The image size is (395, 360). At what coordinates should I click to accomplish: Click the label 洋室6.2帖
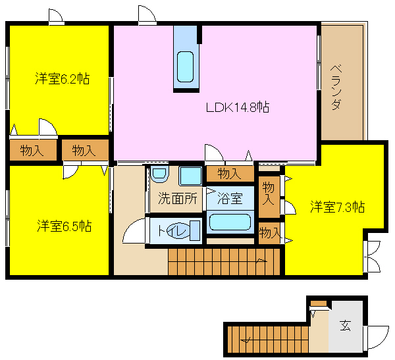click(63, 78)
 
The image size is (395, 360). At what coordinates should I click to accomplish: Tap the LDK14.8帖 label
click(238, 107)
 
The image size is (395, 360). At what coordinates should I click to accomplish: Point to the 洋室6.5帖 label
click(64, 226)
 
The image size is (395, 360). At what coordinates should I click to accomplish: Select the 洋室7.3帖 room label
click(337, 207)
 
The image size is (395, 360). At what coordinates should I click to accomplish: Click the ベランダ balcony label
click(336, 88)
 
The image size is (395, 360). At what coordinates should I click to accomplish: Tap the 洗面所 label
click(178, 199)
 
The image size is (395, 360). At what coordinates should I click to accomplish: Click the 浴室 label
click(230, 199)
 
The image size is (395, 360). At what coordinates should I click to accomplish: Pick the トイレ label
click(172, 231)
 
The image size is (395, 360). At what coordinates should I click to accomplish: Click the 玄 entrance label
click(345, 326)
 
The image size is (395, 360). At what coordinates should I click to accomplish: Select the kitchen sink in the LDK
click(185, 66)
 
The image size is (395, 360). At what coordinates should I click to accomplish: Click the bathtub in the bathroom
click(230, 222)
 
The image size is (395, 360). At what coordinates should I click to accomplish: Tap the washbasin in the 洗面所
click(160, 174)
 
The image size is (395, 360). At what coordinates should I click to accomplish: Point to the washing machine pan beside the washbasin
click(190, 176)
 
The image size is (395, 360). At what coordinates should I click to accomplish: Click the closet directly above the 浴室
click(230, 174)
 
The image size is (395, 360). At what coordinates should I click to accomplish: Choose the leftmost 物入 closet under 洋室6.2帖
click(33, 151)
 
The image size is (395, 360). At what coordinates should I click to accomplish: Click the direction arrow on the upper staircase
click(261, 261)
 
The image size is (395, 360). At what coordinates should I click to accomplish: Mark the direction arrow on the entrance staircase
click(246, 340)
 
